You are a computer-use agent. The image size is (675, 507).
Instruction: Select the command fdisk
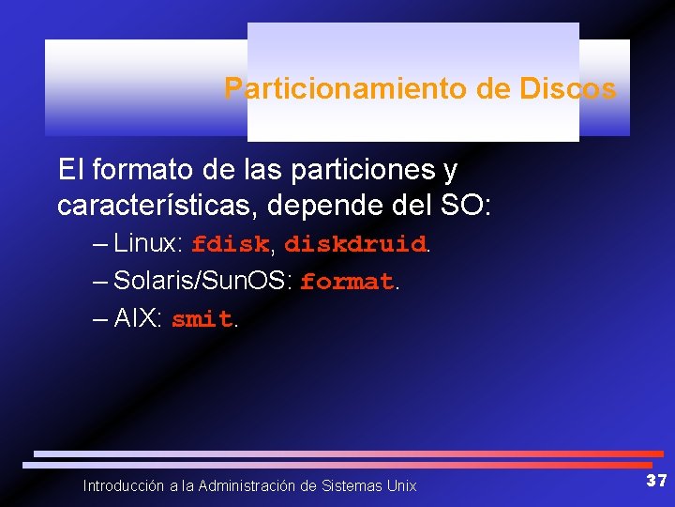(x=230, y=245)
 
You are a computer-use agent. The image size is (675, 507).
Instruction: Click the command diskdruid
(x=354, y=245)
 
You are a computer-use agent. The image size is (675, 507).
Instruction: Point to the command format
(x=347, y=283)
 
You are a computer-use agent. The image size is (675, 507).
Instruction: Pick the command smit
(x=202, y=320)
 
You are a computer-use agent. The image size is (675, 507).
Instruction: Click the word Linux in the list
(x=147, y=244)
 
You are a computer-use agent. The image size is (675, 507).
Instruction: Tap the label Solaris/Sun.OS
(x=202, y=282)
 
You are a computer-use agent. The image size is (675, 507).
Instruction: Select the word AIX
(x=136, y=319)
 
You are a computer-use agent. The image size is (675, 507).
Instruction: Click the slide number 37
(x=656, y=481)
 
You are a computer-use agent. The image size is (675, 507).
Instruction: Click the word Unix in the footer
(x=401, y=486)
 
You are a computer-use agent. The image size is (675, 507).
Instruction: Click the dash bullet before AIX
(x=100, y=320)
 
